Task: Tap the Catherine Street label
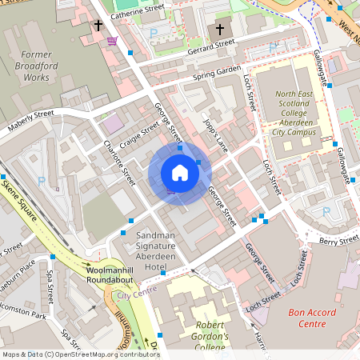[x=137, y=11]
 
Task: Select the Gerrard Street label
[x=211, y=45]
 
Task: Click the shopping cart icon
[x=112, y=40]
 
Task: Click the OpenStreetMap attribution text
[x=80, y=354]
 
